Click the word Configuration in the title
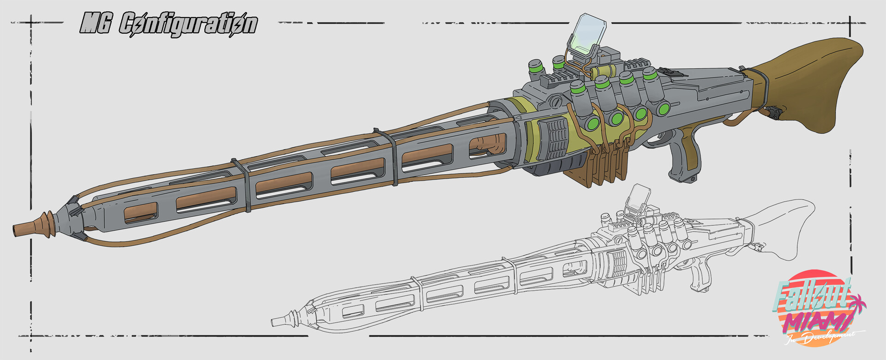tap(188, 24)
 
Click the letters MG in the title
tap(96, 23)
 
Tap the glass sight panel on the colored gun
tap(587, 32)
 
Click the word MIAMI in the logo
tap(817, 323)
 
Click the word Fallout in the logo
tap(812, 295)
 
